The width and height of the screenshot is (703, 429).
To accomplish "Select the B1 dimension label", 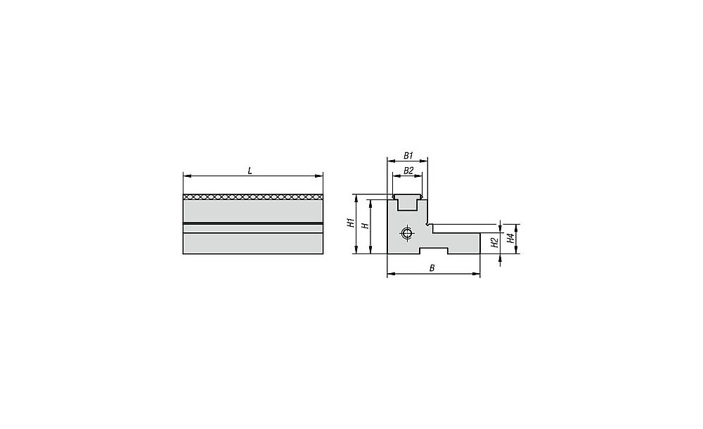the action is (408, 155).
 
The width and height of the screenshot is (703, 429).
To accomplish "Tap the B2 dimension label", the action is (408, 171).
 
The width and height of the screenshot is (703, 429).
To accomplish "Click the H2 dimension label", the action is (495, 243).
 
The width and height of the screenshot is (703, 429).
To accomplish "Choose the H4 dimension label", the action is (510, 238).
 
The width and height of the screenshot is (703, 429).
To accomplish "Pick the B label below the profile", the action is (432, 268).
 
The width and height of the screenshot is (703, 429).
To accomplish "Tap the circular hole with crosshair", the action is (406, 233).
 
